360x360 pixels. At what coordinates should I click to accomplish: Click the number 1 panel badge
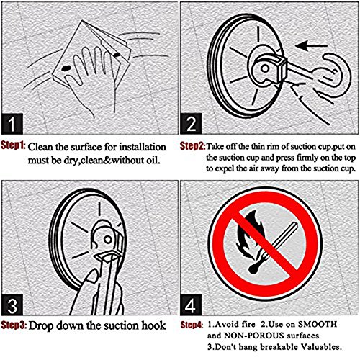point(12,124)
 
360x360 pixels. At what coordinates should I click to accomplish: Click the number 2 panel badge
point(191,124)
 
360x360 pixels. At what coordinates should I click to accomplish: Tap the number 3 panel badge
point(12,305)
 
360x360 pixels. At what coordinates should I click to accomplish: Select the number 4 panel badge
point(191,305)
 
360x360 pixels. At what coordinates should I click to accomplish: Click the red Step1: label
point(13,145)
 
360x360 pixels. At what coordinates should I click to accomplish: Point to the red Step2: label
point(192,146)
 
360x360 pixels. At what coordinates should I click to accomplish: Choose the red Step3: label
point(14,325)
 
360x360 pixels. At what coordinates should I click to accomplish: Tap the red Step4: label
point(192,325)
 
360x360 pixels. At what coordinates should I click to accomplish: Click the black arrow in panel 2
point(311,45)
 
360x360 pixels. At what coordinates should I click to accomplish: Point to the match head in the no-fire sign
point(255,268)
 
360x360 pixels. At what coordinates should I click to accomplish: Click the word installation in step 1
point(143,147)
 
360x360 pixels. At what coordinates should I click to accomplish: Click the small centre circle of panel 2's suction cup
point(265,68)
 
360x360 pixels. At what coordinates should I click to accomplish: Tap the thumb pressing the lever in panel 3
point(90,279)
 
